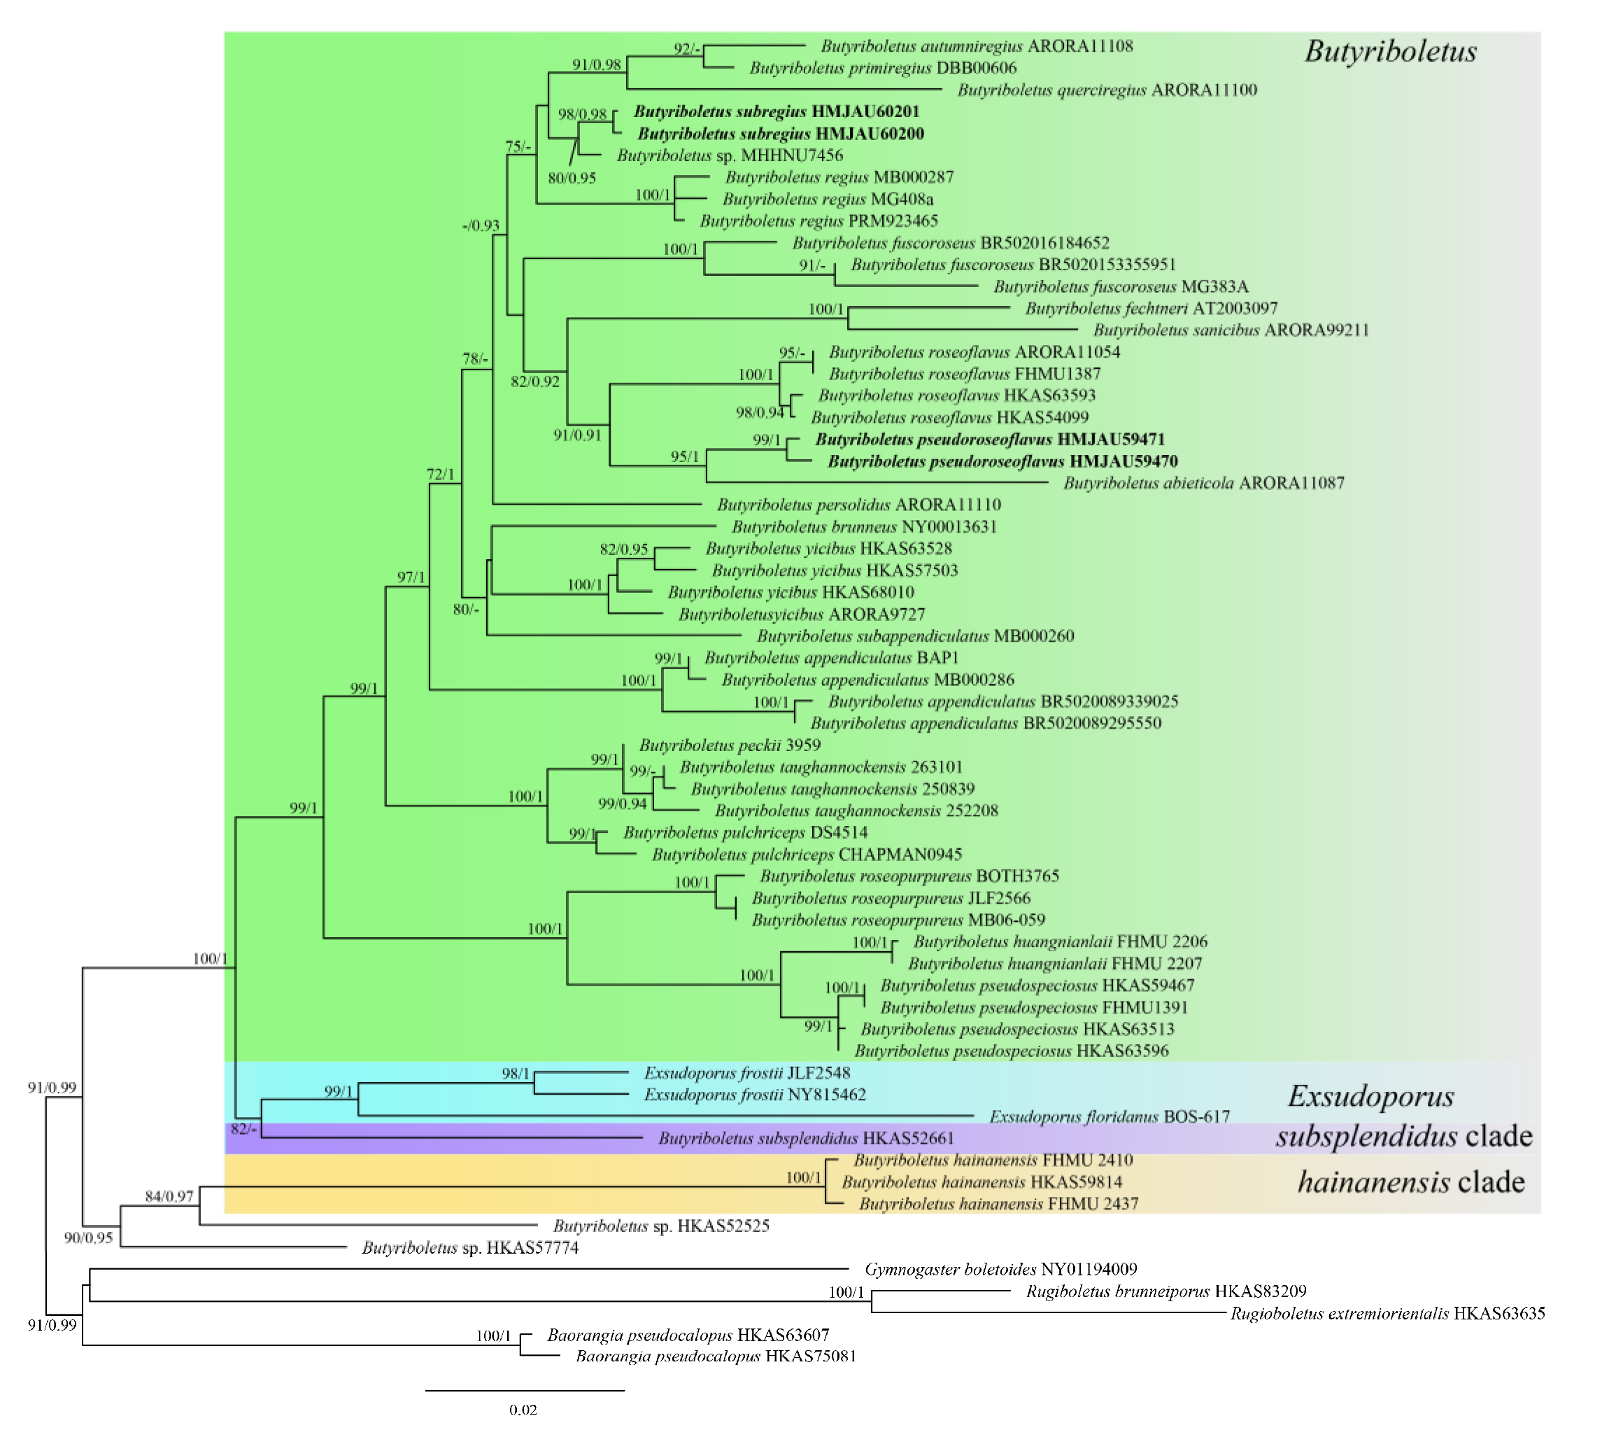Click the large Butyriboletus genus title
[x=1390, y=52]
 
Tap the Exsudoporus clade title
[x=1370, y=1096]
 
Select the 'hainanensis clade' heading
[x=1410, y=1182]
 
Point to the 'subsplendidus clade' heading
[x=1403, y=1136]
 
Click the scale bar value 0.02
[x=523, y=1410]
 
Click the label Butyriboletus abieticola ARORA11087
[x=1203, y=483]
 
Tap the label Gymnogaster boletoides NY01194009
[x=1001, y=1269]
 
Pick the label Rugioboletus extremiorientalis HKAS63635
[x=1387, y=1313]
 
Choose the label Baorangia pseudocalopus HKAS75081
[x=716, y=1356]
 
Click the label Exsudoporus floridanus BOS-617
[x=1110, y=1117]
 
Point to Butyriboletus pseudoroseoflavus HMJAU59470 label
[x=1002, y=461]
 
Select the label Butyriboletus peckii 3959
[x=729, y=745]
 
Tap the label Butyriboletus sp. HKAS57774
[x=470, y=1248]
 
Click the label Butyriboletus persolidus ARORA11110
[x=858, y=505]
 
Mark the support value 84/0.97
[x=169, y=1196]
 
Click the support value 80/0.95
[x=572, y=178]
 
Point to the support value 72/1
[x=440, y=475]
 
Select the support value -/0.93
[x=481, y=226]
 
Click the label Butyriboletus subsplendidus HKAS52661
[x=806, y=1139]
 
